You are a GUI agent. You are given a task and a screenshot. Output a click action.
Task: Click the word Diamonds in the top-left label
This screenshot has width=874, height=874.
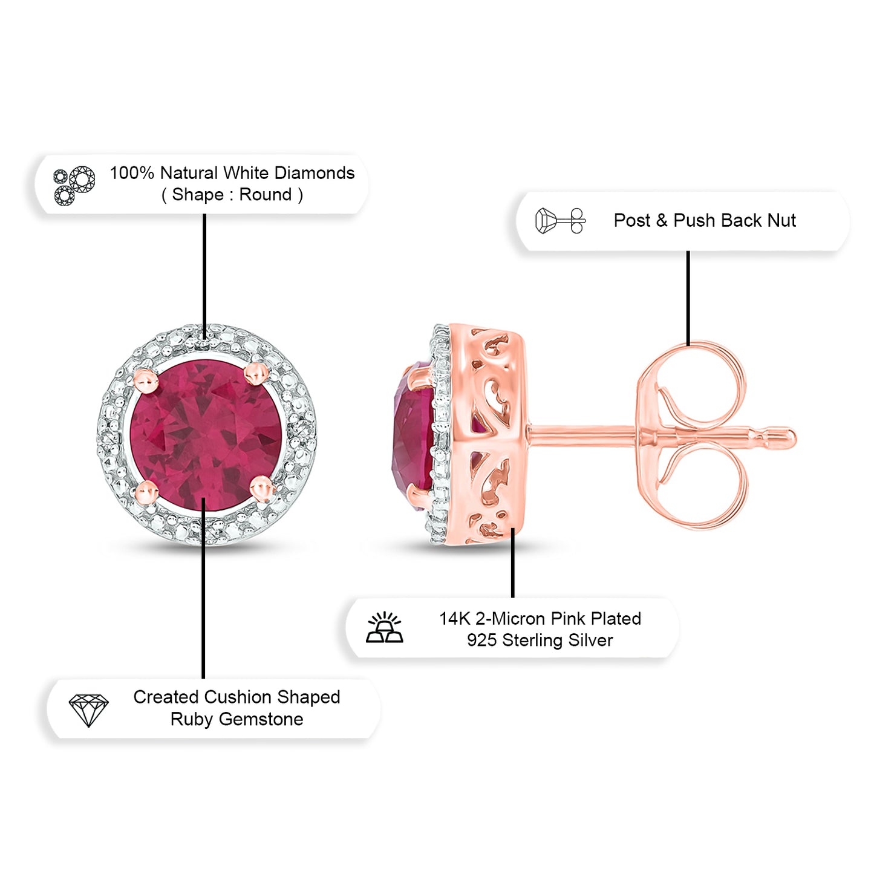(315, 173)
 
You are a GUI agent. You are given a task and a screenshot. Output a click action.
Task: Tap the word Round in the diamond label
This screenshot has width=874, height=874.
(266, 195)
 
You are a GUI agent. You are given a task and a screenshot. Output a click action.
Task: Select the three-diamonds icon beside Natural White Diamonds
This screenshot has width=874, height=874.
(74, 185)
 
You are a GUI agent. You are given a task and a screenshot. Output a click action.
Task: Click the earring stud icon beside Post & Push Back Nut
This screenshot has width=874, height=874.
(560, 221)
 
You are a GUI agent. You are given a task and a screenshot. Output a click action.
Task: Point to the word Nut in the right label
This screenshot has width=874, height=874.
(781, 221)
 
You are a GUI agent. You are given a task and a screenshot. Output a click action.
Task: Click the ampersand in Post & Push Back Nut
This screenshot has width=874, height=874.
(662, 221)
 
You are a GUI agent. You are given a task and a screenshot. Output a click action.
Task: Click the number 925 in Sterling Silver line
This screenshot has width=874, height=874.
(481, 641)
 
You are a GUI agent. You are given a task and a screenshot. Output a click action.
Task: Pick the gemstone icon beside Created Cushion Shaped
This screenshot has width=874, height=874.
(88, 710)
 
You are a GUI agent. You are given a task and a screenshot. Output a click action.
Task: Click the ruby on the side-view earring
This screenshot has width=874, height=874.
(414, 435)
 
